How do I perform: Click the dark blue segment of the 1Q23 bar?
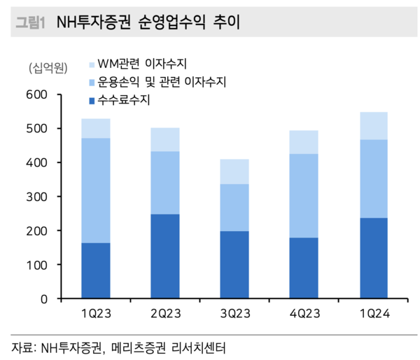coord(96,270)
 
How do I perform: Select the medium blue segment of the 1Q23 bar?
coord(96,190)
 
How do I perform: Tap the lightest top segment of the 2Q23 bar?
coord(165,139)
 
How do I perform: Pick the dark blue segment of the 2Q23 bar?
coord(165,256)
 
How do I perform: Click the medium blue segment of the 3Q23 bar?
coord(234,207)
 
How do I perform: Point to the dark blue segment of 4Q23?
coord(304,268)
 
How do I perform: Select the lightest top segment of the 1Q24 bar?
coord(373,125)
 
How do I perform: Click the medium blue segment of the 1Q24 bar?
coord(373,179)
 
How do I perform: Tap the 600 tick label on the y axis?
coord(36,95)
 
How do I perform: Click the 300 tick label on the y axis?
coord(36,197)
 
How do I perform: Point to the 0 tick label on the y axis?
coord(43,299)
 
